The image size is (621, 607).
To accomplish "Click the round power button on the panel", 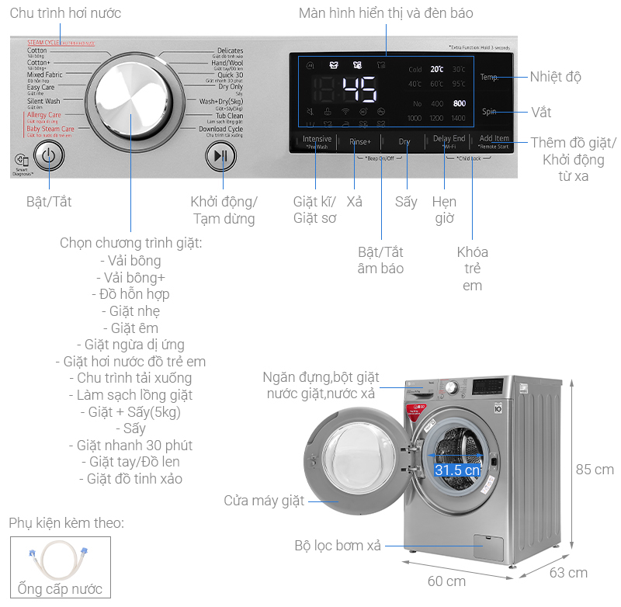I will point(48,155).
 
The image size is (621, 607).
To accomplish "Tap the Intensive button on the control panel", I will point(317,141).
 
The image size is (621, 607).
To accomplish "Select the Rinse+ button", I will point(360,142).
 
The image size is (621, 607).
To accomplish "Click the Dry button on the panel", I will point(404,142).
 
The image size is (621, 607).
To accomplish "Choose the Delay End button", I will point(449,140).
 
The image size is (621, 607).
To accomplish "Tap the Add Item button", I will point(494,140).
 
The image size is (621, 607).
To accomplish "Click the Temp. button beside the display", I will point(489,77).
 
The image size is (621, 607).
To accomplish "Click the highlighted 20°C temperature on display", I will point(437,69).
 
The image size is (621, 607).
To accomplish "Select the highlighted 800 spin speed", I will point(460,103).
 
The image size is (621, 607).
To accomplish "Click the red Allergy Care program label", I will point(43,115).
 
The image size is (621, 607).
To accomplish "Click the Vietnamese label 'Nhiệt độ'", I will point(555,77).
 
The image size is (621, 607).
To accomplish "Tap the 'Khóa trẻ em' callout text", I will point(472,269).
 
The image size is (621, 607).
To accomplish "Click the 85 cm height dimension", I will point(594,470).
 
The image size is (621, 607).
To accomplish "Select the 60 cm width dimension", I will point(446,581).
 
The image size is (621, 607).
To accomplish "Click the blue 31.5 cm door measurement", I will point(456,470).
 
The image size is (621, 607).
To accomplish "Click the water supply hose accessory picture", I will point(60,562).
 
